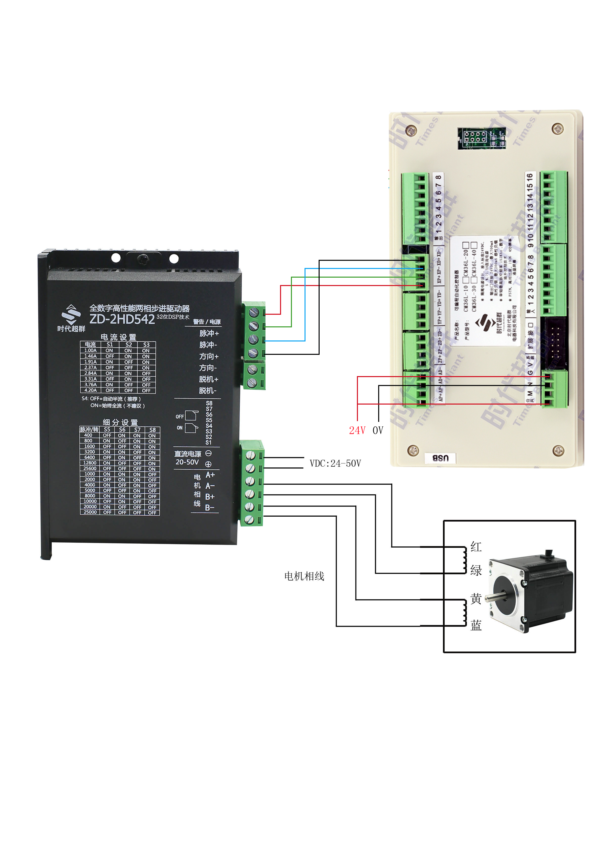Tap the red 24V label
click(357, 430)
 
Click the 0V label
click(378, 430)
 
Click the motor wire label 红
click(476, 547)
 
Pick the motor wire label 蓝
click(476, 626)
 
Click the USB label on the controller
click(440, 458)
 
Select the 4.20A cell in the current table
click(90, 390)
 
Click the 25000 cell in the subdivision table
click(90, 512)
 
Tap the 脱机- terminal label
click(208, 390)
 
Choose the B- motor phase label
click(210, 508)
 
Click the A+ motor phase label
click(210, 475)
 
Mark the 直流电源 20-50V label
click(188, 458)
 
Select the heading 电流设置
click(118, 337)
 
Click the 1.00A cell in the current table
click(90, 350)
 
